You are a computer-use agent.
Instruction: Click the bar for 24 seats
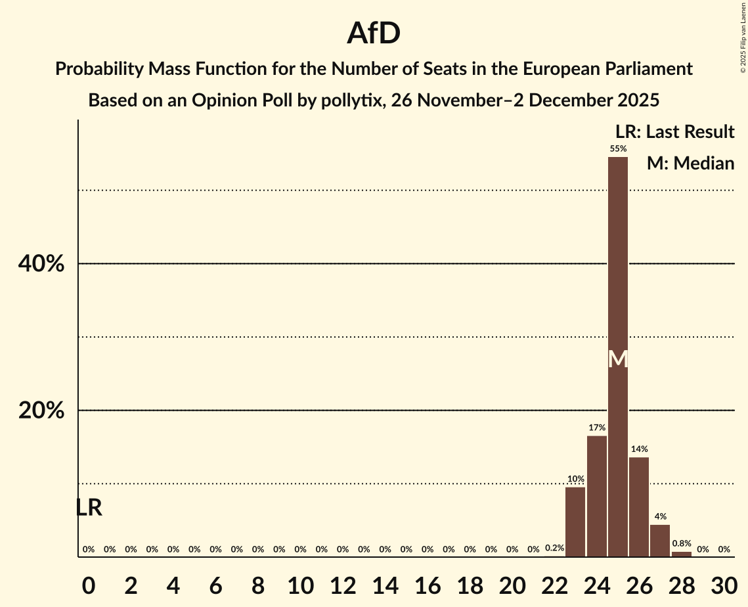(597, 496)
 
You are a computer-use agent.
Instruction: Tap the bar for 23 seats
(575, 522)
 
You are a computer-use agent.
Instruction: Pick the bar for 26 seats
(639, 506)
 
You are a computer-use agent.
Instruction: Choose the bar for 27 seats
(660, 541)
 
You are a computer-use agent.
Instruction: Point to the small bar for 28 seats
(682, 554)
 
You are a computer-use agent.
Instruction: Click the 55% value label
(618, 149)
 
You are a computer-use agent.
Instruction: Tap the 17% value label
(597, 428)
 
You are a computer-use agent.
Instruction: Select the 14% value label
(639, 449)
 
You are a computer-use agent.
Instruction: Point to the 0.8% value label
(681, 544)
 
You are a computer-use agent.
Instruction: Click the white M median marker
(618, 359)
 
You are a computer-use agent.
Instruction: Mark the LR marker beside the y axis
(89, 507)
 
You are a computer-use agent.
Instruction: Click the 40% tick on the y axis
(41, 264)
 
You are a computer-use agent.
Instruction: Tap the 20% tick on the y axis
(41, 411)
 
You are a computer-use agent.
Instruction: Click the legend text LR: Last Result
(674, 132)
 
